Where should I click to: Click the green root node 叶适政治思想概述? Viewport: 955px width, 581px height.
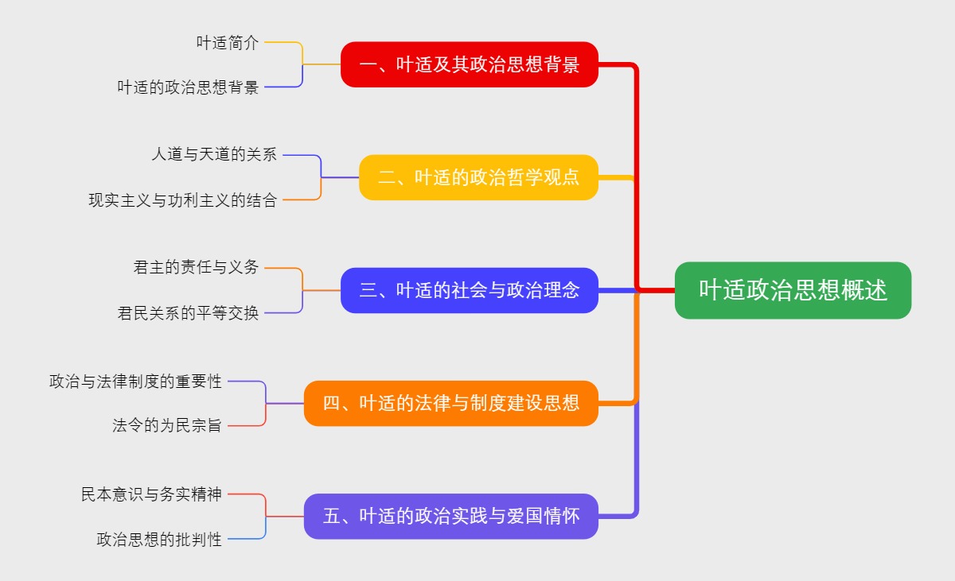(x=793, y=290)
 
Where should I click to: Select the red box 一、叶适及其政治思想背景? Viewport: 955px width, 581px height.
(x=469, y=64)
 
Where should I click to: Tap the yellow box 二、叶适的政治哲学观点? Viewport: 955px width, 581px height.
(x=478, y=177)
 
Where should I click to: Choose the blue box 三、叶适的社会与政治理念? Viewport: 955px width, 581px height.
(x=469, y=290)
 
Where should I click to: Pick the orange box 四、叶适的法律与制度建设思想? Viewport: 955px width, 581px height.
(x=450, y=403)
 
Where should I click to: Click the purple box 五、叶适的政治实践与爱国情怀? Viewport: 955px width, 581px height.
(x=450, y=516)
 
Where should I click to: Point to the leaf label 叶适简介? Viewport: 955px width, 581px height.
(x=228, y=43)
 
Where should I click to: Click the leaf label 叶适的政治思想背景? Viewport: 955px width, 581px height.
(x=188, y=87)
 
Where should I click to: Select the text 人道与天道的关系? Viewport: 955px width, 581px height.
(x=214, y=155)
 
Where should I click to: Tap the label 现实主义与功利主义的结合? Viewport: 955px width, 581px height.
(x=182, y=200)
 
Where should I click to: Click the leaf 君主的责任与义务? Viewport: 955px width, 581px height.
(x=196, y=268)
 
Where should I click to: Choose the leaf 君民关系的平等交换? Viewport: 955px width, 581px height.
(x=188, y=313)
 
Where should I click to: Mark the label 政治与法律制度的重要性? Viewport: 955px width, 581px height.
(x=135, y=382)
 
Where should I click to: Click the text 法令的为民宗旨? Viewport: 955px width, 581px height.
(x=167, y=426)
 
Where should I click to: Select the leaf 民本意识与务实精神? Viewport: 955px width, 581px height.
(x=151, y=494)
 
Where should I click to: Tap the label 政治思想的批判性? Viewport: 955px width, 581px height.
(x=159, y=540)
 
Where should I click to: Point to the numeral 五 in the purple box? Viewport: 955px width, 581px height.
(x=332, y=517)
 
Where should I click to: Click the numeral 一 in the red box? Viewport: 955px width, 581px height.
(x=368, y=65)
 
